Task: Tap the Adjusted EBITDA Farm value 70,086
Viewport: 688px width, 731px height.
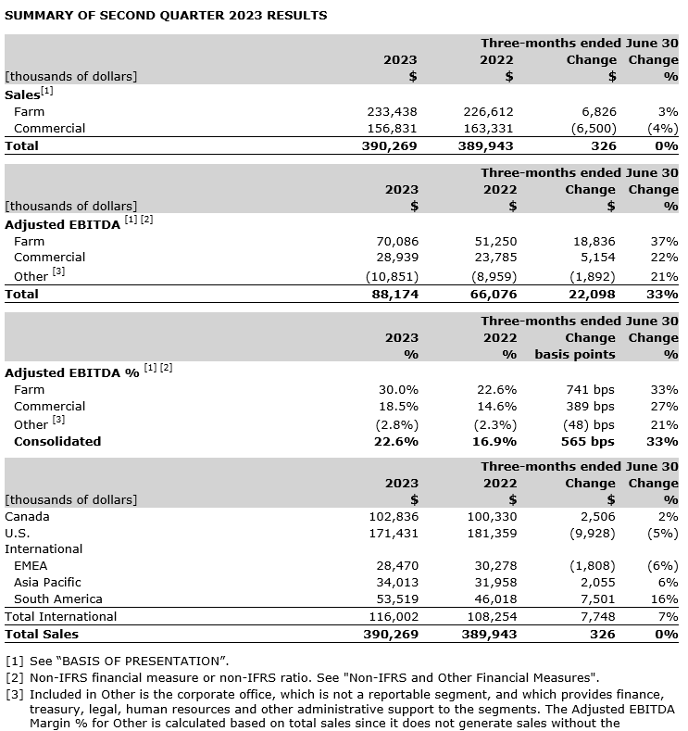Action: [x=396, y=241]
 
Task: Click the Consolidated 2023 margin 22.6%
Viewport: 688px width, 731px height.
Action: [x=396, y=441]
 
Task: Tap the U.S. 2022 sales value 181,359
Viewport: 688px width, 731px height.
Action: [x=488, y=533]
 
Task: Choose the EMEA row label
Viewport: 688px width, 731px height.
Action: [x=31, y=565]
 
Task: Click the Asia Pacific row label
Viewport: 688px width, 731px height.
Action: [x=47, y=582]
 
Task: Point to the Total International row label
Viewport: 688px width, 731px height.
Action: [x=61, y=616]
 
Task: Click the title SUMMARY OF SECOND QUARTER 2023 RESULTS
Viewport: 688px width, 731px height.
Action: [x=166, y=16]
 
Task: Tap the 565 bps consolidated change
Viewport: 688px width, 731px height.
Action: [x=587, y=441]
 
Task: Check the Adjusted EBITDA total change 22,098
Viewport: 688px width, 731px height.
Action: [x=589, y=294]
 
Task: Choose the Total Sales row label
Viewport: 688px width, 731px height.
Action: [x=42, y=634]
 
